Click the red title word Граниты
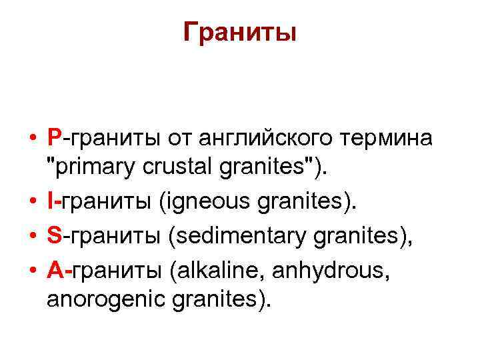240,31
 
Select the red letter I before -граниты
51,201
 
